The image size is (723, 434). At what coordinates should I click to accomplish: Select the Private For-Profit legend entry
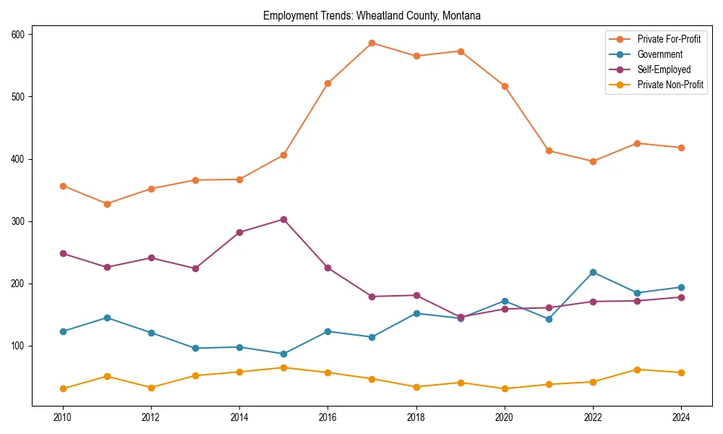coord(669,39)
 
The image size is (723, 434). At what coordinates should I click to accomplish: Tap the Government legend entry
coord(659,54)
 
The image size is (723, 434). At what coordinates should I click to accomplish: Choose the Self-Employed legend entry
coord(664,69)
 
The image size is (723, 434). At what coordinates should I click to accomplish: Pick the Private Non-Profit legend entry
coord(670,85)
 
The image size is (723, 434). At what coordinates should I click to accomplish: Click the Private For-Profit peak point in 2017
coord(372,43)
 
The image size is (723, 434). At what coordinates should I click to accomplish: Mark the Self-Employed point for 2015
coord(283,219)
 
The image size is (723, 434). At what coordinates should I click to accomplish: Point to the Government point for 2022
coord(593,272)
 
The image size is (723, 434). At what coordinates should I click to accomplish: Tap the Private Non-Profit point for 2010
coord(63,388)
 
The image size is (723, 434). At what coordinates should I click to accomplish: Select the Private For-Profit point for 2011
coord(107,204)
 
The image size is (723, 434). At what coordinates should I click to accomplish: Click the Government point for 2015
coord(283,354)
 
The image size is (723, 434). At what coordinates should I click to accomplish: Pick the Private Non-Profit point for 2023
coord(637,370)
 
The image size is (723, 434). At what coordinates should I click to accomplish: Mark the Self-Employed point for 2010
coord(63,253)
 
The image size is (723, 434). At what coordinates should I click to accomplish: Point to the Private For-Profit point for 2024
coord(681,148)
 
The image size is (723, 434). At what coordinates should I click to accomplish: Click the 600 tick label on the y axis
coord(18,34)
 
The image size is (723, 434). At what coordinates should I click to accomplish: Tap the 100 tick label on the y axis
coord(18,346)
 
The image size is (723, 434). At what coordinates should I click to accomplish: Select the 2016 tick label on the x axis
coord(328,417)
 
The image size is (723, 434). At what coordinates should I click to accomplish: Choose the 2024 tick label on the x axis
coord(681,417)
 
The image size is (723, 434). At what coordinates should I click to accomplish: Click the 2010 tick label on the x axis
coord(63,417)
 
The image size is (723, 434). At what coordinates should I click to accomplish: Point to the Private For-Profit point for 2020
coord(505,86)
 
